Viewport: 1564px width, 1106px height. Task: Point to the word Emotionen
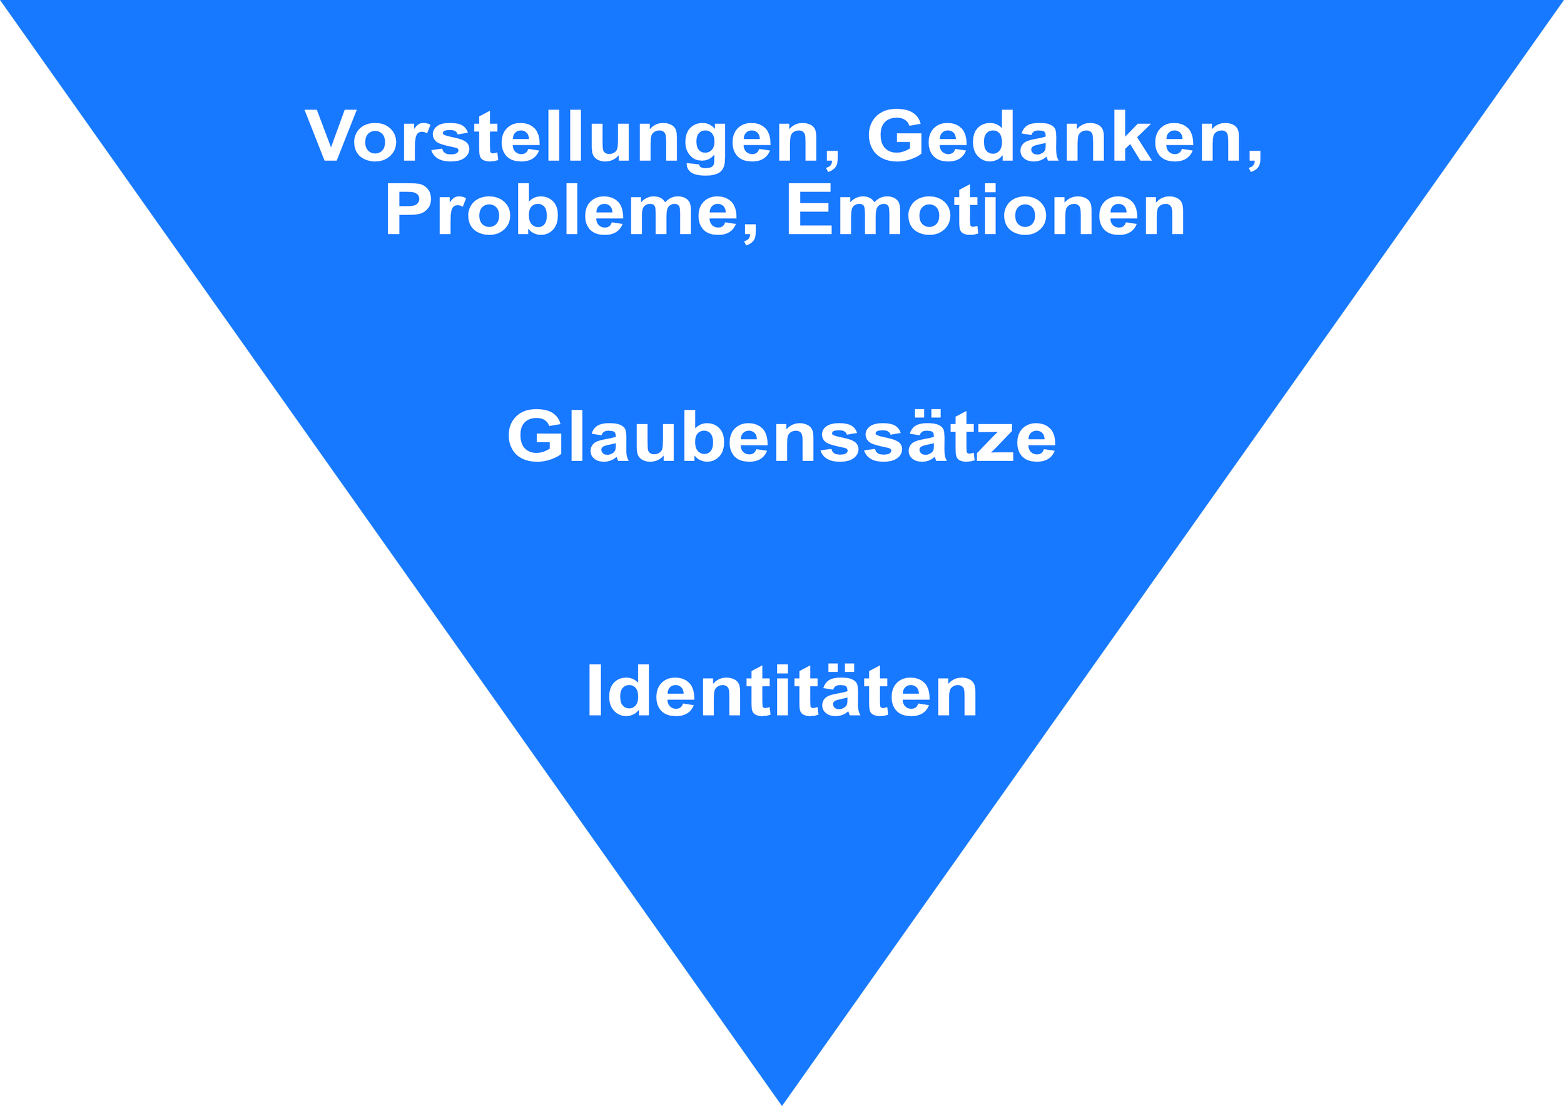986,211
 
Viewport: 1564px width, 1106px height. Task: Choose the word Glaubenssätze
781,437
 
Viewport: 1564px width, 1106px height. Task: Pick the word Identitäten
781,692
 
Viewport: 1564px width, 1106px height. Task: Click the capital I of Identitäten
594,692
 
